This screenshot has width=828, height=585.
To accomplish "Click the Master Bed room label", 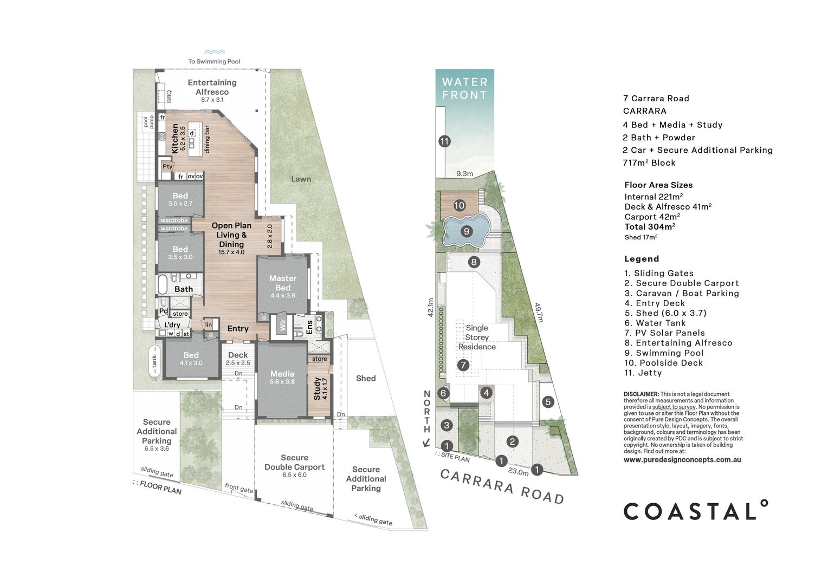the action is click(x=283, y=283).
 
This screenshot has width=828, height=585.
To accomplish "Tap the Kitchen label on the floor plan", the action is click(x=175, y=138).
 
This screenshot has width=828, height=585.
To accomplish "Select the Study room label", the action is click(x=317, y=388).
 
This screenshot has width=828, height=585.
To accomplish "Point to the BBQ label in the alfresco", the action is click(x=169, y=96).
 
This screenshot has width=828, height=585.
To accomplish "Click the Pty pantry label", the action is click(x=167, y=166).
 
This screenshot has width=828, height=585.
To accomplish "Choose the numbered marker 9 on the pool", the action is click(x=467, y=231).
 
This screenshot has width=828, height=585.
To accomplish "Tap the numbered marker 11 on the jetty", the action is click(x=444, y=141).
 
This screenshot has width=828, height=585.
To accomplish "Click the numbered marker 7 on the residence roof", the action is click(x=463, y=366).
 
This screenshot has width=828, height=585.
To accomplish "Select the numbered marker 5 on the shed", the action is click(x=548, y=402).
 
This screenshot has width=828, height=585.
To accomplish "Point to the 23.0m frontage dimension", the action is click(x=518, y=472).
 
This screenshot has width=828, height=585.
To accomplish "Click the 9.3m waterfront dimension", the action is click(x=464, y=173).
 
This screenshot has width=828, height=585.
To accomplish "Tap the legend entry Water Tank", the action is click(x=655, y=323).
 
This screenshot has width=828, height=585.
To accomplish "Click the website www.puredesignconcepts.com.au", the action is click(x=682, y=460).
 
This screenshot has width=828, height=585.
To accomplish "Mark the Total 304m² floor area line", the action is click(x=650, y=226).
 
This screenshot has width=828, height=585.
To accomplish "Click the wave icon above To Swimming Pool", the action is click(x=215, y=52).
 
